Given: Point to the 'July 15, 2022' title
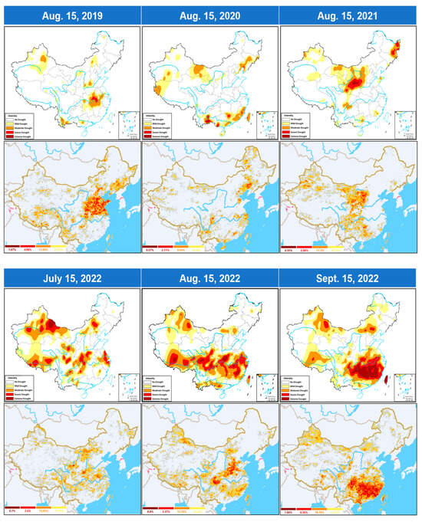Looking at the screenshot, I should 72,277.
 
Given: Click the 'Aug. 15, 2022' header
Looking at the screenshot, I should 210,277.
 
